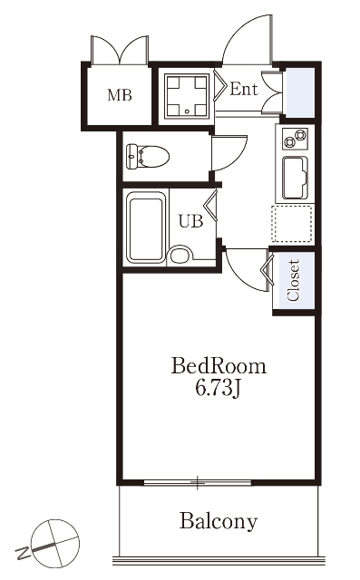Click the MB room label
click(120, 95)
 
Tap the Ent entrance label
click(243, 89)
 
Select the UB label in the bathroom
click(191, 221)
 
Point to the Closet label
click(294, 280)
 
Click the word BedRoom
click(219, 366)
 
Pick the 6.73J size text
click(219, 389)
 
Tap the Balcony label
click(219, 522)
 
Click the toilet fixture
click(148, 157)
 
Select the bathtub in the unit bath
click(145, 227)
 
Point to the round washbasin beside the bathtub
click(180, 256)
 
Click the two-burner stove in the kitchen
click(295, 139)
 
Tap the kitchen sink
click(295, 179)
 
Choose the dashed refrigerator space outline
click(292, 224)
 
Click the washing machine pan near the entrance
click(187, 95)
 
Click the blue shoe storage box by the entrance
click(299, 92)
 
